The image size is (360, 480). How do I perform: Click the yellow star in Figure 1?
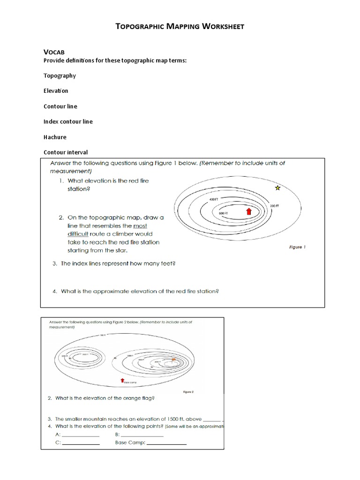[277, 188]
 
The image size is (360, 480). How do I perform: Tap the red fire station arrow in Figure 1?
[249, 211]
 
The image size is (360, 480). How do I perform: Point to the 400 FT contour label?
[214, 199]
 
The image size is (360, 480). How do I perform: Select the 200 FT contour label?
[275, 206]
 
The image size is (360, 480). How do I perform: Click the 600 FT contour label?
[223, 214]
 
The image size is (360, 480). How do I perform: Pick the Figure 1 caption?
[296, 247]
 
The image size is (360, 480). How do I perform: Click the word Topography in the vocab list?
[60, 75]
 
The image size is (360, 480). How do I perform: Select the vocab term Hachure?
[55, 137]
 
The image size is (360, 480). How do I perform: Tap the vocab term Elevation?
[56, 90]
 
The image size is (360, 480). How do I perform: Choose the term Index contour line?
[68, 121]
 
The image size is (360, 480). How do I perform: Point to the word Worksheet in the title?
[223, 27]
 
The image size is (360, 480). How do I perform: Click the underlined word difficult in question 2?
[80, 233]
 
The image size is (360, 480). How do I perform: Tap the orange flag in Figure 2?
[173, 359]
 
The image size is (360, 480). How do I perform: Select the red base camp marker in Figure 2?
[123, 380]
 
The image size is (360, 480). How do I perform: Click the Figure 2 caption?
[188, 390]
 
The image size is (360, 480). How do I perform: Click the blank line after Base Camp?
[167, 443]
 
